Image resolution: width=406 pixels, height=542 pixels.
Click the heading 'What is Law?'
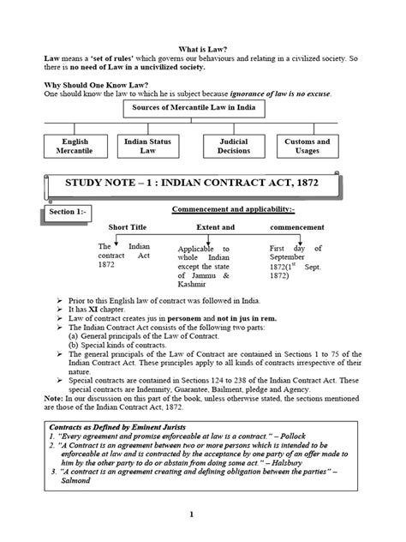203,51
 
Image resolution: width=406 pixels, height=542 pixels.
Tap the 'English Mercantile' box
75,147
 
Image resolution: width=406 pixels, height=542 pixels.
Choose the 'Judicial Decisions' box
234,147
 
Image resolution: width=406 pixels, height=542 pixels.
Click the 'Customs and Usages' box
307,147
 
